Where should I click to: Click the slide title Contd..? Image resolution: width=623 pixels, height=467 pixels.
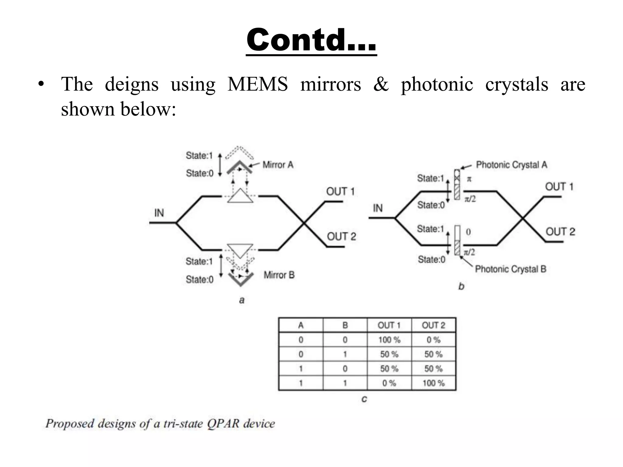[311, 40]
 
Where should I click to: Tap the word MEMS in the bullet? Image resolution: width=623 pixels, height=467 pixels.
[257, 84]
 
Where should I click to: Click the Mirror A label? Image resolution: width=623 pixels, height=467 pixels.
[278, 165]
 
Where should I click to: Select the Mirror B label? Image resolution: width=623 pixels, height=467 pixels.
[279, 275]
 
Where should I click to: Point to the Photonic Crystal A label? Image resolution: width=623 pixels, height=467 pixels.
[511, 165]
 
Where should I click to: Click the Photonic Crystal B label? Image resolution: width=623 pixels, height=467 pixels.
[510, 269]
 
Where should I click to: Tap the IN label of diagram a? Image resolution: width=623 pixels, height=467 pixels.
[159, 213]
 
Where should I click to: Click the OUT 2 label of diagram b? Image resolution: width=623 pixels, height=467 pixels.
[560, 232]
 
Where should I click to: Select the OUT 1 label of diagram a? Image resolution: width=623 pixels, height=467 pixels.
[340, 192]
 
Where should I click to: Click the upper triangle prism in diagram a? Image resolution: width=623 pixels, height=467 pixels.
[240, 197]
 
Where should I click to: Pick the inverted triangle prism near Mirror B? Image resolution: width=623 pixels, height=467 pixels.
[240, 250]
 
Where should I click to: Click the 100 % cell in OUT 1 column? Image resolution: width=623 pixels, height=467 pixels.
[389, 340]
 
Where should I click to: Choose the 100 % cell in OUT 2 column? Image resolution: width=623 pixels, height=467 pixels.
[433, 383]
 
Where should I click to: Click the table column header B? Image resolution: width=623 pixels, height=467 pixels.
[345, 325]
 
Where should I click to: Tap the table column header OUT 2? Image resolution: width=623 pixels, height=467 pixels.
[433, 325]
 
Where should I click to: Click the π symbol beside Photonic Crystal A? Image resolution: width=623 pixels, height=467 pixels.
[469, 179]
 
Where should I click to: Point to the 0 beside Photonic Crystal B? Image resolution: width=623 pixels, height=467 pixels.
[468, 232]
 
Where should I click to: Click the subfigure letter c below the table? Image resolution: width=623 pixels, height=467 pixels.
[364, 399]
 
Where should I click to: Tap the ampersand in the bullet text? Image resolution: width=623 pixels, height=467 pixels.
[381, 84]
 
